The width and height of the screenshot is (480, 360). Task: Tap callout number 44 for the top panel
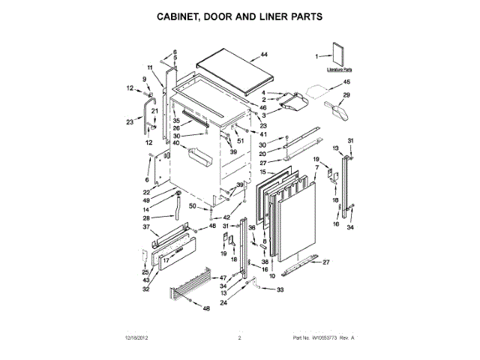coord(263,55)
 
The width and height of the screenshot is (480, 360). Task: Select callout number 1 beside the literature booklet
coord(317,55)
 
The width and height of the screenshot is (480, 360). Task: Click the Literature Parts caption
coord(340,69)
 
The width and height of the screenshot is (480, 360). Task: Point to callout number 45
coord(346,82)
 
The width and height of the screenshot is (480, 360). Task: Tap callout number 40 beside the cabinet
coord(175,142)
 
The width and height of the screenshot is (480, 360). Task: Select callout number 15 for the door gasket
coord(262,172)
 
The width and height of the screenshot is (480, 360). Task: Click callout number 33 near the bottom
coord(281,289)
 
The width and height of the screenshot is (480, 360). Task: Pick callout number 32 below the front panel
coord(145,289)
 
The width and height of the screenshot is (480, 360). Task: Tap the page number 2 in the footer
coord(239,338)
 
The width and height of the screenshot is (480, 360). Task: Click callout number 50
coord(192,205)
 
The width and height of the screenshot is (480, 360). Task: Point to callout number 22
coord(147,191)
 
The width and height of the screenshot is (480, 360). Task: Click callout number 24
coord(223,303)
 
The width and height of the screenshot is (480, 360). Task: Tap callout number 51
coord(241,141)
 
